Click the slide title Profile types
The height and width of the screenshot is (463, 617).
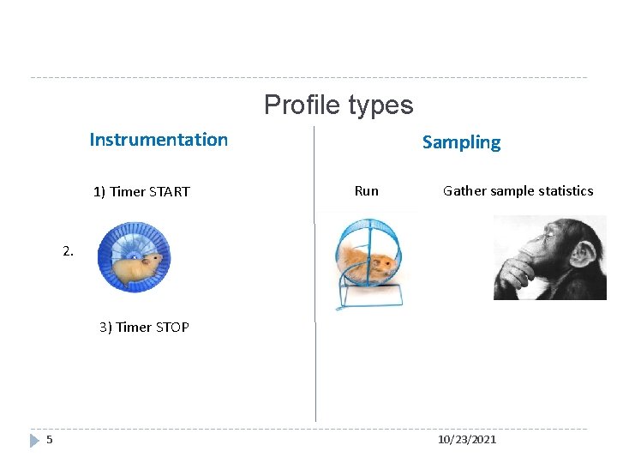[338, 105]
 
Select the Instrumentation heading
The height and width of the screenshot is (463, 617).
[159, 140]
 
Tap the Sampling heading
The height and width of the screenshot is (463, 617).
[461, 142]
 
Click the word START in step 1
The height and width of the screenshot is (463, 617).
[169, 192]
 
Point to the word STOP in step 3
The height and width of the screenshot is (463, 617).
[172, 328]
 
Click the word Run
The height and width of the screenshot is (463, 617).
[366, 191]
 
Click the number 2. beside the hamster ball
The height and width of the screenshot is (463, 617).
[69, 251]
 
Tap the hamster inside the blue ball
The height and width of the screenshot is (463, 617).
[138, 267]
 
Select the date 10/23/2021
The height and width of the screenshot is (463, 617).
[466, 440]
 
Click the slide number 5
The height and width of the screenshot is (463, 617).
[50, 440]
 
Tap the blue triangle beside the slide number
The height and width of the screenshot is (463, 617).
[34, 440]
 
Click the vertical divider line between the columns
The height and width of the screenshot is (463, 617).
[315, 360]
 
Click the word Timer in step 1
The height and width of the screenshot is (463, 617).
[128, 192]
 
